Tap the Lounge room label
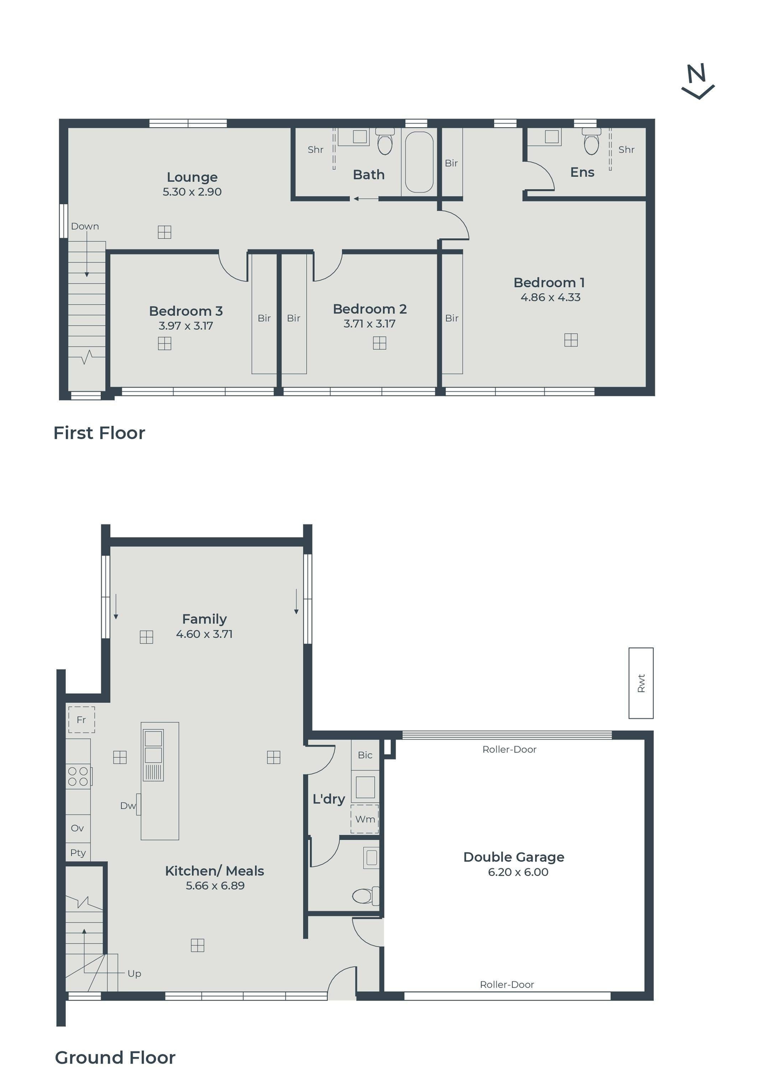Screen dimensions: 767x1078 point(192,177)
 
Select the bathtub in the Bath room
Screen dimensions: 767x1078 point(419,162)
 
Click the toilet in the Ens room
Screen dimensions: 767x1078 point(591,141)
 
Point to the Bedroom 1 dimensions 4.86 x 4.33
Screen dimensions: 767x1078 point(550,297)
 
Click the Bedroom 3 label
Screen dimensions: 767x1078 point(186,311)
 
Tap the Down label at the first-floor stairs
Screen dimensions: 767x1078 point(85,226)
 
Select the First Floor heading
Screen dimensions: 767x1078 point(99,433)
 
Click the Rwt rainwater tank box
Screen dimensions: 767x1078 point(641,683)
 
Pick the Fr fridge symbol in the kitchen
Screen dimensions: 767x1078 point(81,720)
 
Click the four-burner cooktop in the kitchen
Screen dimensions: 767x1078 point(79,777)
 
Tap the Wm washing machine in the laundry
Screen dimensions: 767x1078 point(365,819)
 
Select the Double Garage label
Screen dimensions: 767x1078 point(514,857)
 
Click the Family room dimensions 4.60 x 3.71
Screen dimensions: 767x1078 point(204,634)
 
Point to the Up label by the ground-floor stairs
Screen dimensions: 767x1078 point(134,973)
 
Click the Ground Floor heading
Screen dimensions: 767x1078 point(115,1058)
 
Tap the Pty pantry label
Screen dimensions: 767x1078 point(78,853)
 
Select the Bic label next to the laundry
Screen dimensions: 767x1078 point(365,755)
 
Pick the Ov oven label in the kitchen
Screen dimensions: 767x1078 point(78,828)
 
